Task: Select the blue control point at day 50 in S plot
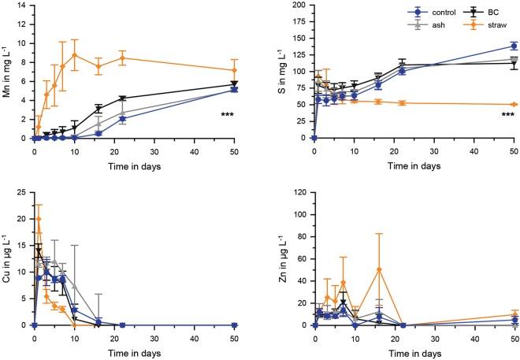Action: (514, 46)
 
